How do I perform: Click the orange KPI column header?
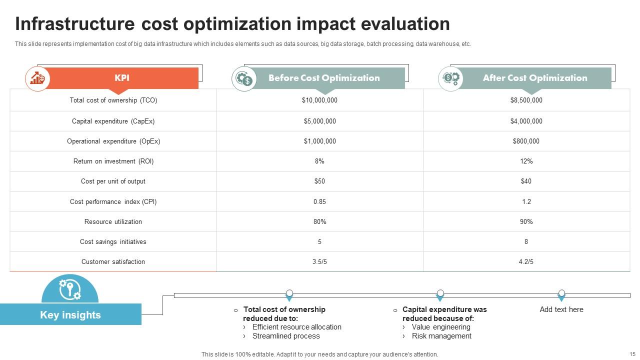(122, 78)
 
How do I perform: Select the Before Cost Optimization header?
(324, 78)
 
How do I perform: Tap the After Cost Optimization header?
(534, 78)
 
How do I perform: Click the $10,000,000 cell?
(319, 100)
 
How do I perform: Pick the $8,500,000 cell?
(526, 100)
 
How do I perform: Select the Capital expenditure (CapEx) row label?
(113, 121)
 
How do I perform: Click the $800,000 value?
(526, 141)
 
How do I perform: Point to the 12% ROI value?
(526, 161)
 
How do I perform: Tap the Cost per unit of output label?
(113, 181)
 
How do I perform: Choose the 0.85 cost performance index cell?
(319, 202)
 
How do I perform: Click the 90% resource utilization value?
(526, 222)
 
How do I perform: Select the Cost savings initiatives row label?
(113, 242)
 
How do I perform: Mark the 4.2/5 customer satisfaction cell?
(526, 262)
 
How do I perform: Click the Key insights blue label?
(70, 315)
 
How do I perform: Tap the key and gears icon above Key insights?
(70, 289)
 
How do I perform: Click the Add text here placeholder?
(561, 309)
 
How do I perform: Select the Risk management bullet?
(441, 336)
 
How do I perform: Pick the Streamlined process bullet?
(286, 336)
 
